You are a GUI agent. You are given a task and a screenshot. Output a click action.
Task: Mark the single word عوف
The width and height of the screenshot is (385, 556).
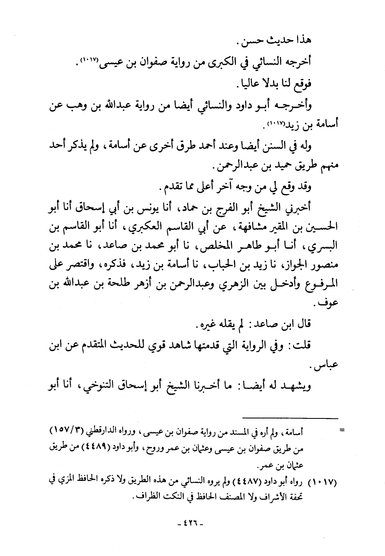pyautogui.click(x=323, y=304)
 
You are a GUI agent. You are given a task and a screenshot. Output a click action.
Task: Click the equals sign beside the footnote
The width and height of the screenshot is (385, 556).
pyautogui.click(x=342, y=430)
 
